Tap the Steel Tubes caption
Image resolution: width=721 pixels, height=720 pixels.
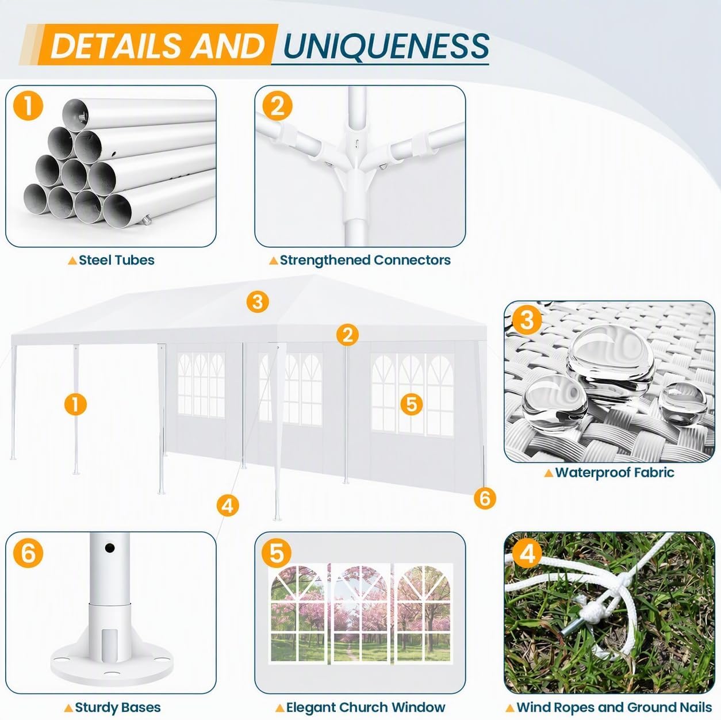tap(116, 260)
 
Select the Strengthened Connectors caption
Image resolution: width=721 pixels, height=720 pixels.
tap(365, 260)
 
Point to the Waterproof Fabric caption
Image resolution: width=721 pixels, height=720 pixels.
tap(615, 473)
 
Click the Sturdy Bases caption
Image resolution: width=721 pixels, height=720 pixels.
tap(118, 697)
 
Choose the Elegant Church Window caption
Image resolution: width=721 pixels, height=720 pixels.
tap(366, 697)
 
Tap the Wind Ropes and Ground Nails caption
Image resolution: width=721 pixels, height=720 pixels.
tap(614, 697)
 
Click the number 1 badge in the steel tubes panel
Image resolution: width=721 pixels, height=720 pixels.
tap(28, 106)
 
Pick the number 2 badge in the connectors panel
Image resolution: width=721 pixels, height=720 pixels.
tap(277, 106)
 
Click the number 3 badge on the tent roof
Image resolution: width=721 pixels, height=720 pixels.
tap(258, 302)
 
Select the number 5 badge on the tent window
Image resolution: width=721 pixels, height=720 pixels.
tap(412, 404)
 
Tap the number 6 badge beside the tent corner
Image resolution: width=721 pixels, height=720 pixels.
tap(485, 499)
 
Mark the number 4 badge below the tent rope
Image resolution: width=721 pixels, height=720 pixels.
tap(228, 506)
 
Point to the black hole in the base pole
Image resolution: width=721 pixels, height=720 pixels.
tap(110, 548)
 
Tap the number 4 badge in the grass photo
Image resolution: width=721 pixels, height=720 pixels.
tap(527, 553)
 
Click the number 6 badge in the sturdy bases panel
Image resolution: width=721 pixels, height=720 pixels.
tap(28, 553)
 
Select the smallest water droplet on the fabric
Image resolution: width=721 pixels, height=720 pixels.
tap(682, 403)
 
